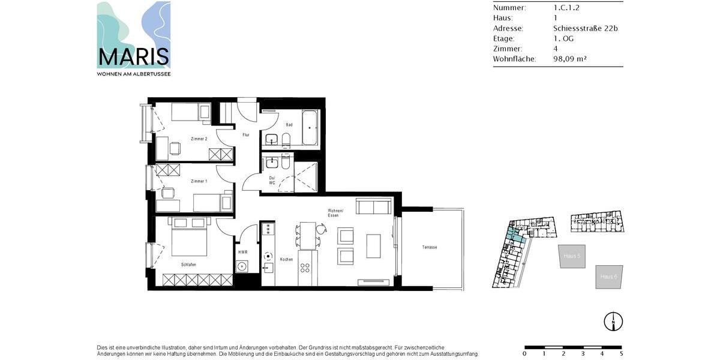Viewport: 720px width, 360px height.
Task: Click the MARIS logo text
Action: [x=133, y=56]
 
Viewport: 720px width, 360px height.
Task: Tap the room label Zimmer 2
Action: [x=199, y=139]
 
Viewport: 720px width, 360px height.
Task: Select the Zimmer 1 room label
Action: [x=199, y=181]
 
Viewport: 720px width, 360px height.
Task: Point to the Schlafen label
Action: [x=188, y=265]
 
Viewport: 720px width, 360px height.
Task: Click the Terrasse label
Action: [x=429, y=247]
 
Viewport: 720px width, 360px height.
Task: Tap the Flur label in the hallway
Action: [x=246, y=135]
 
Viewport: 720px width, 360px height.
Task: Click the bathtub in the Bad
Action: [x=310, y=128]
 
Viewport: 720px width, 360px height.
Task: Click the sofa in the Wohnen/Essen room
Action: [x=374, y=207]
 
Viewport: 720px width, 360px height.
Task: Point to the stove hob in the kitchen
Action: [x=268, y=229]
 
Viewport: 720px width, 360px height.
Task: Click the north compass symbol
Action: [x=613, y=322]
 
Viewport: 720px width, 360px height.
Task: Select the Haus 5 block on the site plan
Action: [x=572, y=256]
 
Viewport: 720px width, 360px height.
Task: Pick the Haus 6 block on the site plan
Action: [x=609, y=277]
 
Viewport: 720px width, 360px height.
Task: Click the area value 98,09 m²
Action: [x=569, y=59]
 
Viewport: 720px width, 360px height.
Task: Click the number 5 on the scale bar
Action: [x=621, y=354]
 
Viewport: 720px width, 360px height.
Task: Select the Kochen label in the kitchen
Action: [x=286, y=259]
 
